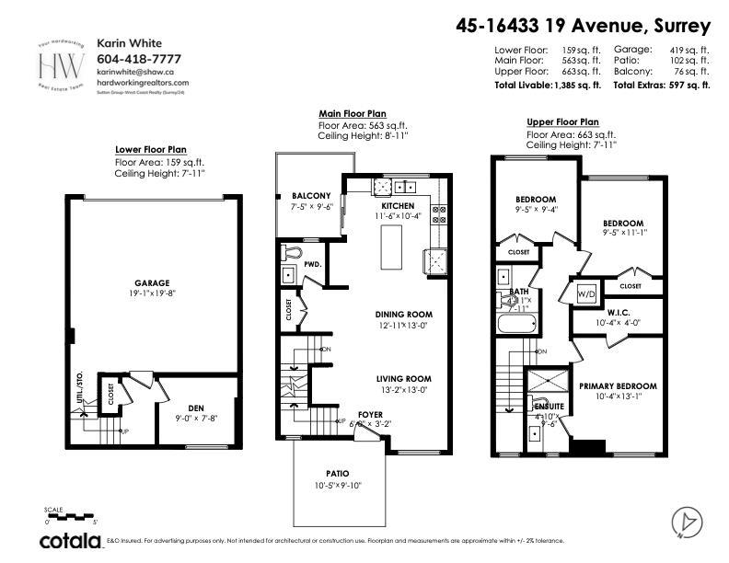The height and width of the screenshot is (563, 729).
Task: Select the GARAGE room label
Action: [149, 282]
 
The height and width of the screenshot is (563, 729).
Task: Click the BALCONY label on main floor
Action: [311, 196]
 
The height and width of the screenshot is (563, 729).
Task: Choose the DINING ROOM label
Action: [403, 315]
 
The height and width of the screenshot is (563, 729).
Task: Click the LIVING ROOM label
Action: [403, 378]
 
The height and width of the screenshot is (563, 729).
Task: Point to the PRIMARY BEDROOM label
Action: [618, 385]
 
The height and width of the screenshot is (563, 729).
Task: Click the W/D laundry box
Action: [586, 293]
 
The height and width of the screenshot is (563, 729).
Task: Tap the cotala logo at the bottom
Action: [69, 541]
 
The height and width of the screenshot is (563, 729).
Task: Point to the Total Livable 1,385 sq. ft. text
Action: [548, 85]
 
